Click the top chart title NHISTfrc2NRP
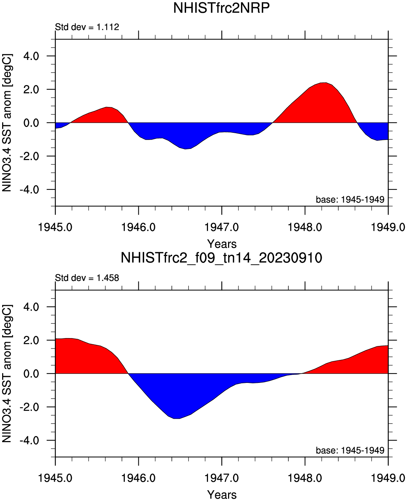click(x=221, y=8)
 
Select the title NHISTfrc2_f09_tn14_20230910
click(x=221, y=258)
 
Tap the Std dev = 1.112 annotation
click(x=87, y=27)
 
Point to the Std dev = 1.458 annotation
click(x=87, y=278)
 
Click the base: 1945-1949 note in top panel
click(x=350, y=200)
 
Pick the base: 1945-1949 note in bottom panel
click(x=350, y=450)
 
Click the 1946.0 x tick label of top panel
click(x=138, y=227)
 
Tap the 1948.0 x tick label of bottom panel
click(x=305, y=478)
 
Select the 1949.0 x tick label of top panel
click(x=388, y=227)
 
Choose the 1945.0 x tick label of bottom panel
click(x=56, y=478)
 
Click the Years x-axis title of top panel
click(x=222, y=244)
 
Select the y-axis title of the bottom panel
click(x=7, y=374)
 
